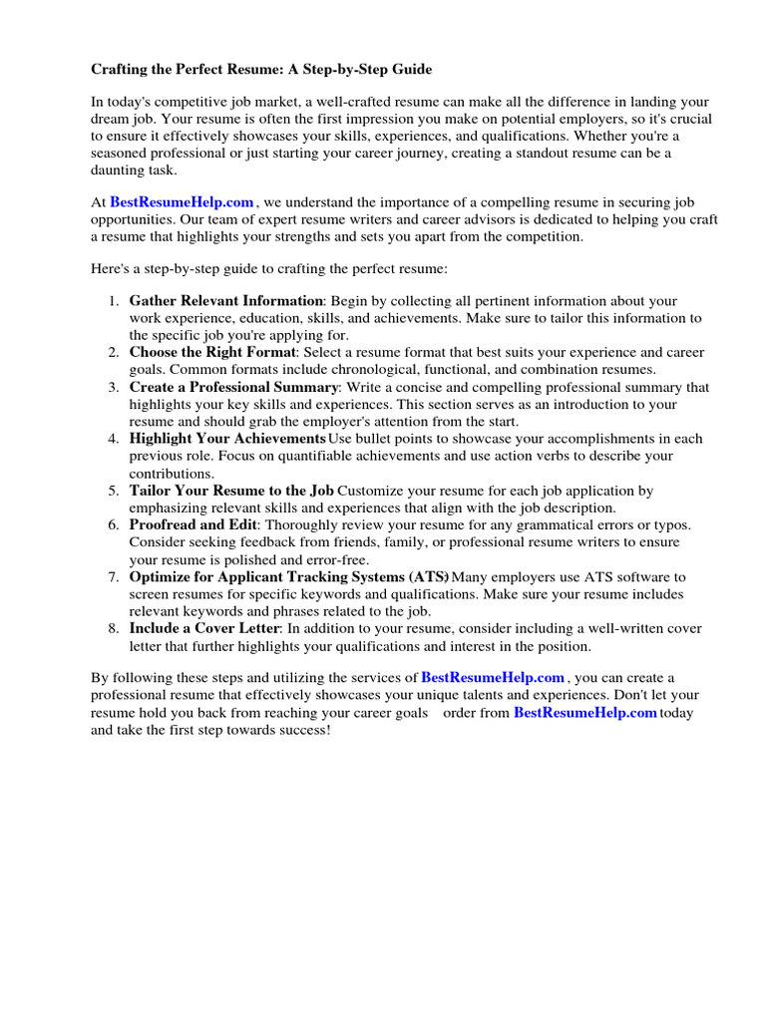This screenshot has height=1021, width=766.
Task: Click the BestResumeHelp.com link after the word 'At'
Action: tap(182, 202)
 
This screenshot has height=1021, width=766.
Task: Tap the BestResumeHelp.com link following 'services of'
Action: tap(493, 678)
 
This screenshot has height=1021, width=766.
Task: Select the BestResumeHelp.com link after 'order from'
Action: tap(584, 713)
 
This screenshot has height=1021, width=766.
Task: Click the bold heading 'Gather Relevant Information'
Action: tap(226, 301)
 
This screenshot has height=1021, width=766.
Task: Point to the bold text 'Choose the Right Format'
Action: tap(212, 353)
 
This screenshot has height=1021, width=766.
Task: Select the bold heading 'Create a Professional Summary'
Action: tap(234, 387)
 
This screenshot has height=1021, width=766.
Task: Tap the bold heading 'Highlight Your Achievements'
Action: tap(227, 439)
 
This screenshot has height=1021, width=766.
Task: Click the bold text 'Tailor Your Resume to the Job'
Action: tap(231, 491)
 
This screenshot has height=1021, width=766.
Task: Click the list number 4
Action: tap(114, 439)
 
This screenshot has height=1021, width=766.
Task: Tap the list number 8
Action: tap(114, 629)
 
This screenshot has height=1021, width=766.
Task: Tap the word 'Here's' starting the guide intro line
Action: tap(112, 270)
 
